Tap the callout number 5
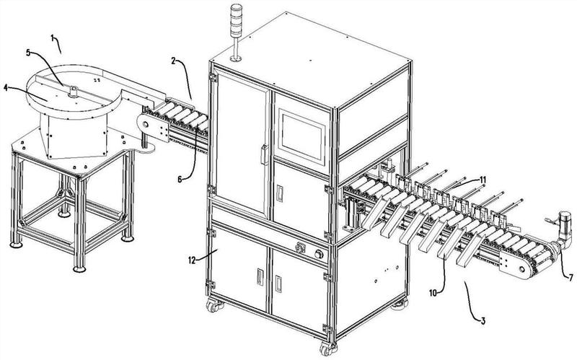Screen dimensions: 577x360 coord(28,52)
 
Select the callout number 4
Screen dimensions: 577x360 coord(5,87)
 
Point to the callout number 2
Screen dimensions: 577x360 coord(173,61)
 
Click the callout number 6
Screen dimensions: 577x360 coord(180,179)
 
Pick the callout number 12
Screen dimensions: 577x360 coord(192,260)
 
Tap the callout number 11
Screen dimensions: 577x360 coord(483,180)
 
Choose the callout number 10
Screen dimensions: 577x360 coord(433,293)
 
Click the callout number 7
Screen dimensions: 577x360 coord(571,278)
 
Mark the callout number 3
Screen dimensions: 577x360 coord(483,320)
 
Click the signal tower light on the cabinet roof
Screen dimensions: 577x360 coord(236,32)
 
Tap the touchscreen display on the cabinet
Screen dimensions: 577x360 coord(301,136)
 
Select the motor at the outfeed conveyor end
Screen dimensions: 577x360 coord(564,230)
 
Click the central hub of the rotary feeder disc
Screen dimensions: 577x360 coord(74,92)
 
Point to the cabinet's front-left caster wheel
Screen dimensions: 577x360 coord(213,306)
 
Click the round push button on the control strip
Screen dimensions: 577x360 coord(319,255)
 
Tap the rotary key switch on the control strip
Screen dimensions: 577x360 coord(300,247)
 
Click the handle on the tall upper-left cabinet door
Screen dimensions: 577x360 coord(264,154)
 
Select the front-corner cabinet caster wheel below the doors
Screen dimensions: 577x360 coord(329,348)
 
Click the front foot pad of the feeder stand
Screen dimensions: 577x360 coord(79,269)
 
